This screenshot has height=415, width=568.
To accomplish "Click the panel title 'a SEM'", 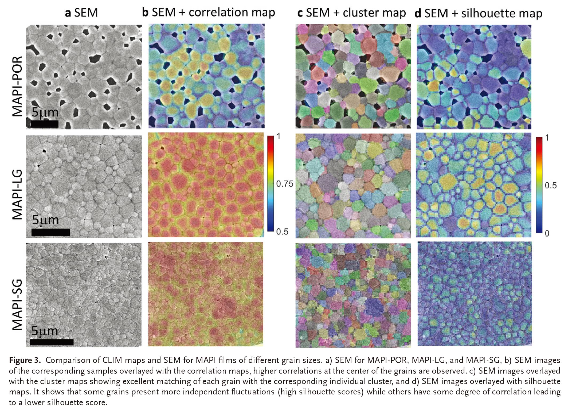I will coord(81,13).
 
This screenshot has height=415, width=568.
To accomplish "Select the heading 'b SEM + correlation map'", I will coord(208,13).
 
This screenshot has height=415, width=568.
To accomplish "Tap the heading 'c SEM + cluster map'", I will coord(351,13).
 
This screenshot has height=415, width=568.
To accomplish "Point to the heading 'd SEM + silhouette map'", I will coord(478,13).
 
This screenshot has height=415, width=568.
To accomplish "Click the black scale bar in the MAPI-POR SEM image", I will coord(45,124).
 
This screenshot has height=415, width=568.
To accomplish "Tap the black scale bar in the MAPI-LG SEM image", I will coord(50,232).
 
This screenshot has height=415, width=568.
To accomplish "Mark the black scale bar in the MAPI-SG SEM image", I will coord(52,342).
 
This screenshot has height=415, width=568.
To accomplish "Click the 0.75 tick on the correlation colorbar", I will coord(285,184).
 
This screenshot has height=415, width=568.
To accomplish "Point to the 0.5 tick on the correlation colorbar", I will coord(282,232).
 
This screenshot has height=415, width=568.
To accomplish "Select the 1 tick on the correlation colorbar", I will coord(279,136).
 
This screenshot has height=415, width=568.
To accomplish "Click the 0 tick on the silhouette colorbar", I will coord(547,233).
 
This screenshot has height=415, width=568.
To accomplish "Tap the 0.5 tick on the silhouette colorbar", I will coord(551,185).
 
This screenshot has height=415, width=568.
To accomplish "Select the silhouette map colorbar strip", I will coord(539,185).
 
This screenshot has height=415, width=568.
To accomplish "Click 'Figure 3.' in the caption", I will coord(25,361).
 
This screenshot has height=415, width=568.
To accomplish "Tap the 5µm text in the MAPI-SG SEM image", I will coord(45,331).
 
